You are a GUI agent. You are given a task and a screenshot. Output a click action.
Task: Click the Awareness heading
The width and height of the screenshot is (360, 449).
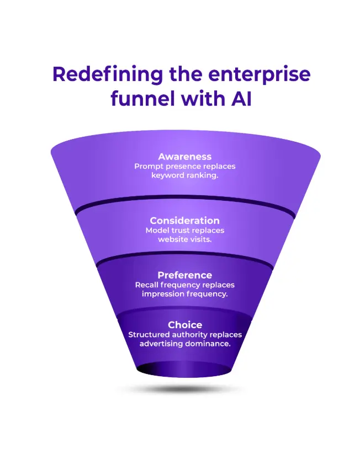click(x=184, y=157)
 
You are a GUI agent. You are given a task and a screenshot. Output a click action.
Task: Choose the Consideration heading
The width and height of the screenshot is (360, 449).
click(x=184, y=221)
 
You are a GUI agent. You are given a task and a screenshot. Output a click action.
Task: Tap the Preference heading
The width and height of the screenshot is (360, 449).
click(x=184, y=275)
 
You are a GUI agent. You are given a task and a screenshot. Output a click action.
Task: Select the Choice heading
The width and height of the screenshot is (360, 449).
click(x=185, y=325)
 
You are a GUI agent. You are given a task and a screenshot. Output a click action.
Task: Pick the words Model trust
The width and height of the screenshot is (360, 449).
click(x=167, y=230)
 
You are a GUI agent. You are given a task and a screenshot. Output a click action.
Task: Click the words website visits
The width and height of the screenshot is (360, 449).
click(x=184, y=239)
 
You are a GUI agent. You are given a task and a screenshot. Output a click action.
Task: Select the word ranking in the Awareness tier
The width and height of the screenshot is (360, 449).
click(x=202, y=175)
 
